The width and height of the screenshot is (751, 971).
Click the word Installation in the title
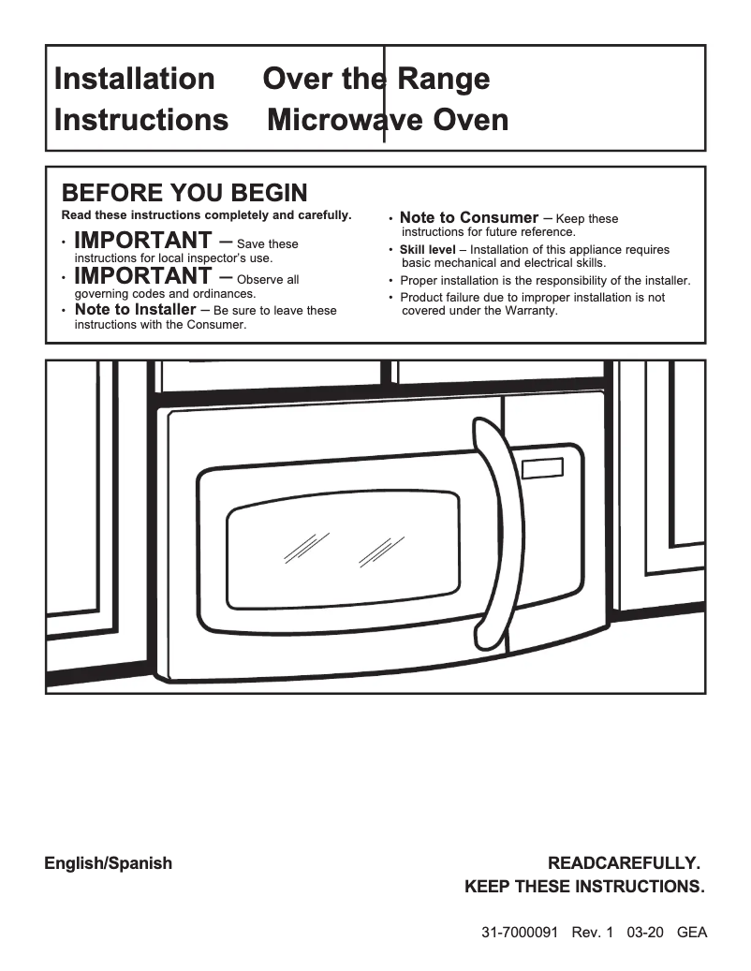[x=134, y=79]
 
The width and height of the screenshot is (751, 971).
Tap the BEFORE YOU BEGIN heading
[x=184, y=193]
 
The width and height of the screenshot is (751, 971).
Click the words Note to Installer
[x=135, y=310]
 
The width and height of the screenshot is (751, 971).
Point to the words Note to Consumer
[x=468, y=218]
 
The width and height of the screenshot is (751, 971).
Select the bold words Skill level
[x=427, y=250]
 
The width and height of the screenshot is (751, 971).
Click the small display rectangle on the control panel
[x=544, y=467]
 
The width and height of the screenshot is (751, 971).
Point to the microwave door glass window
[x=346, y=552]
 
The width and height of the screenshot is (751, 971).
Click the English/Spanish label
[x=109, y=863]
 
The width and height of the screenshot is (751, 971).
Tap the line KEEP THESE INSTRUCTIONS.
[x=584, y=887]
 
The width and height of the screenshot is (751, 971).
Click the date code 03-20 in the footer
[x=646, y=933]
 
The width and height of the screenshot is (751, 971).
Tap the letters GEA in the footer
[x=691, y=933]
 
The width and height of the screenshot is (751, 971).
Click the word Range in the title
[x=443, y=79]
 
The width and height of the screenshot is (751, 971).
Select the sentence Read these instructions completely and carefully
[x=206, y=215]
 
